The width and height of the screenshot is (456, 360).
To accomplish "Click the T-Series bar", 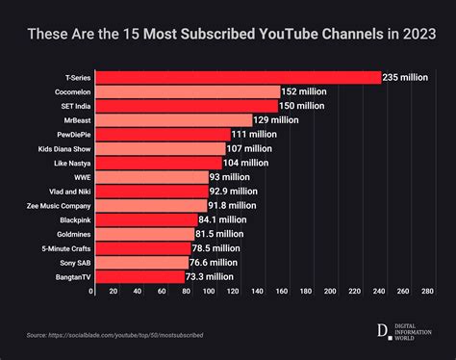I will (237, 77).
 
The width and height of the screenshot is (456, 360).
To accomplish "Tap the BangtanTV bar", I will (139, 276).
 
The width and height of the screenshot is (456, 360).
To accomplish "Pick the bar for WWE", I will (151, 177).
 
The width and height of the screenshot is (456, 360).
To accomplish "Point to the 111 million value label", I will (254, 135).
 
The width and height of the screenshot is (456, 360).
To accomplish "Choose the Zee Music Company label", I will (60, 205).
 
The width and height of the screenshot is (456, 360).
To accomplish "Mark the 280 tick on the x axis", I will (426, 290).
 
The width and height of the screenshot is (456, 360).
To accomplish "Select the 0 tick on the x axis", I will (92, 290).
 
